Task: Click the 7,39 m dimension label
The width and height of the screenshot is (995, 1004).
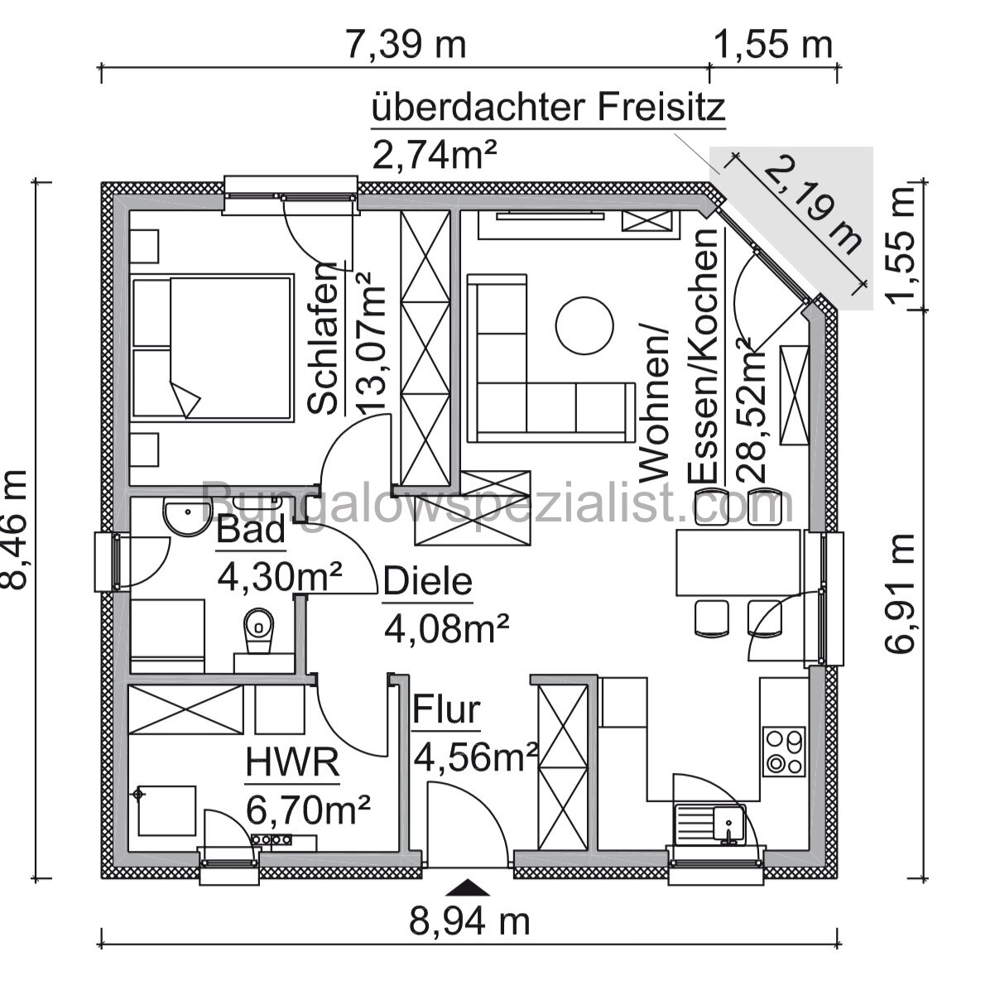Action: coord(406,44)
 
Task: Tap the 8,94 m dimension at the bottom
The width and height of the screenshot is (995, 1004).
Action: coord(469,920)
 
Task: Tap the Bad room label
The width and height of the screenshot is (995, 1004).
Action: coord(251,531)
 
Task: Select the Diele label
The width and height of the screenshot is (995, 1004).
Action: coord(427,582)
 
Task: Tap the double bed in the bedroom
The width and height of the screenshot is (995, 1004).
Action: coord(212,347)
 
